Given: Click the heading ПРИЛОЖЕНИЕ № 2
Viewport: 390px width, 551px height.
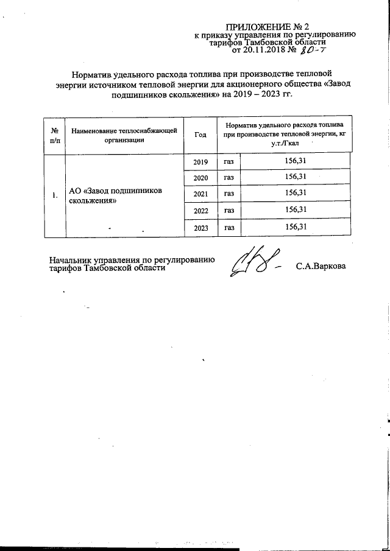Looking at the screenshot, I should coord(268,27).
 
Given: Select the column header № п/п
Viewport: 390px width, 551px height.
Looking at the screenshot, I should coord(55,135).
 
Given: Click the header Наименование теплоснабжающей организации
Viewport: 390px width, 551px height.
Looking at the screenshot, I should coord(124,135).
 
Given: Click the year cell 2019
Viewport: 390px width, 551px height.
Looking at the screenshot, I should coord(200,162).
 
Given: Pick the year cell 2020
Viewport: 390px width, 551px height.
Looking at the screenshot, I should coord(200,178).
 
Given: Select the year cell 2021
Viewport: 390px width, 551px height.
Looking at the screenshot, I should coord(200,194).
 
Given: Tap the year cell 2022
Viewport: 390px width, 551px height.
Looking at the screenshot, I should coord(200,211).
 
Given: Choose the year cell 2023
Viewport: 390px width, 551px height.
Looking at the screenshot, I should coord(200,228).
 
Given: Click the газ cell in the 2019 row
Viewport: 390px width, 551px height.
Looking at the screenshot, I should coord(229,162).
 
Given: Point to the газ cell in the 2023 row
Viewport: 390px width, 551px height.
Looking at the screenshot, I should coord(229,228).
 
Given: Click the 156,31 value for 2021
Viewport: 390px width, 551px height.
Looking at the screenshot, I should coord(295,193).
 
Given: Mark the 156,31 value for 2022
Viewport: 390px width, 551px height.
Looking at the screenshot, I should coord(295,209).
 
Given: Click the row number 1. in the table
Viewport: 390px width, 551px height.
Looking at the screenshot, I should coord(55,195).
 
